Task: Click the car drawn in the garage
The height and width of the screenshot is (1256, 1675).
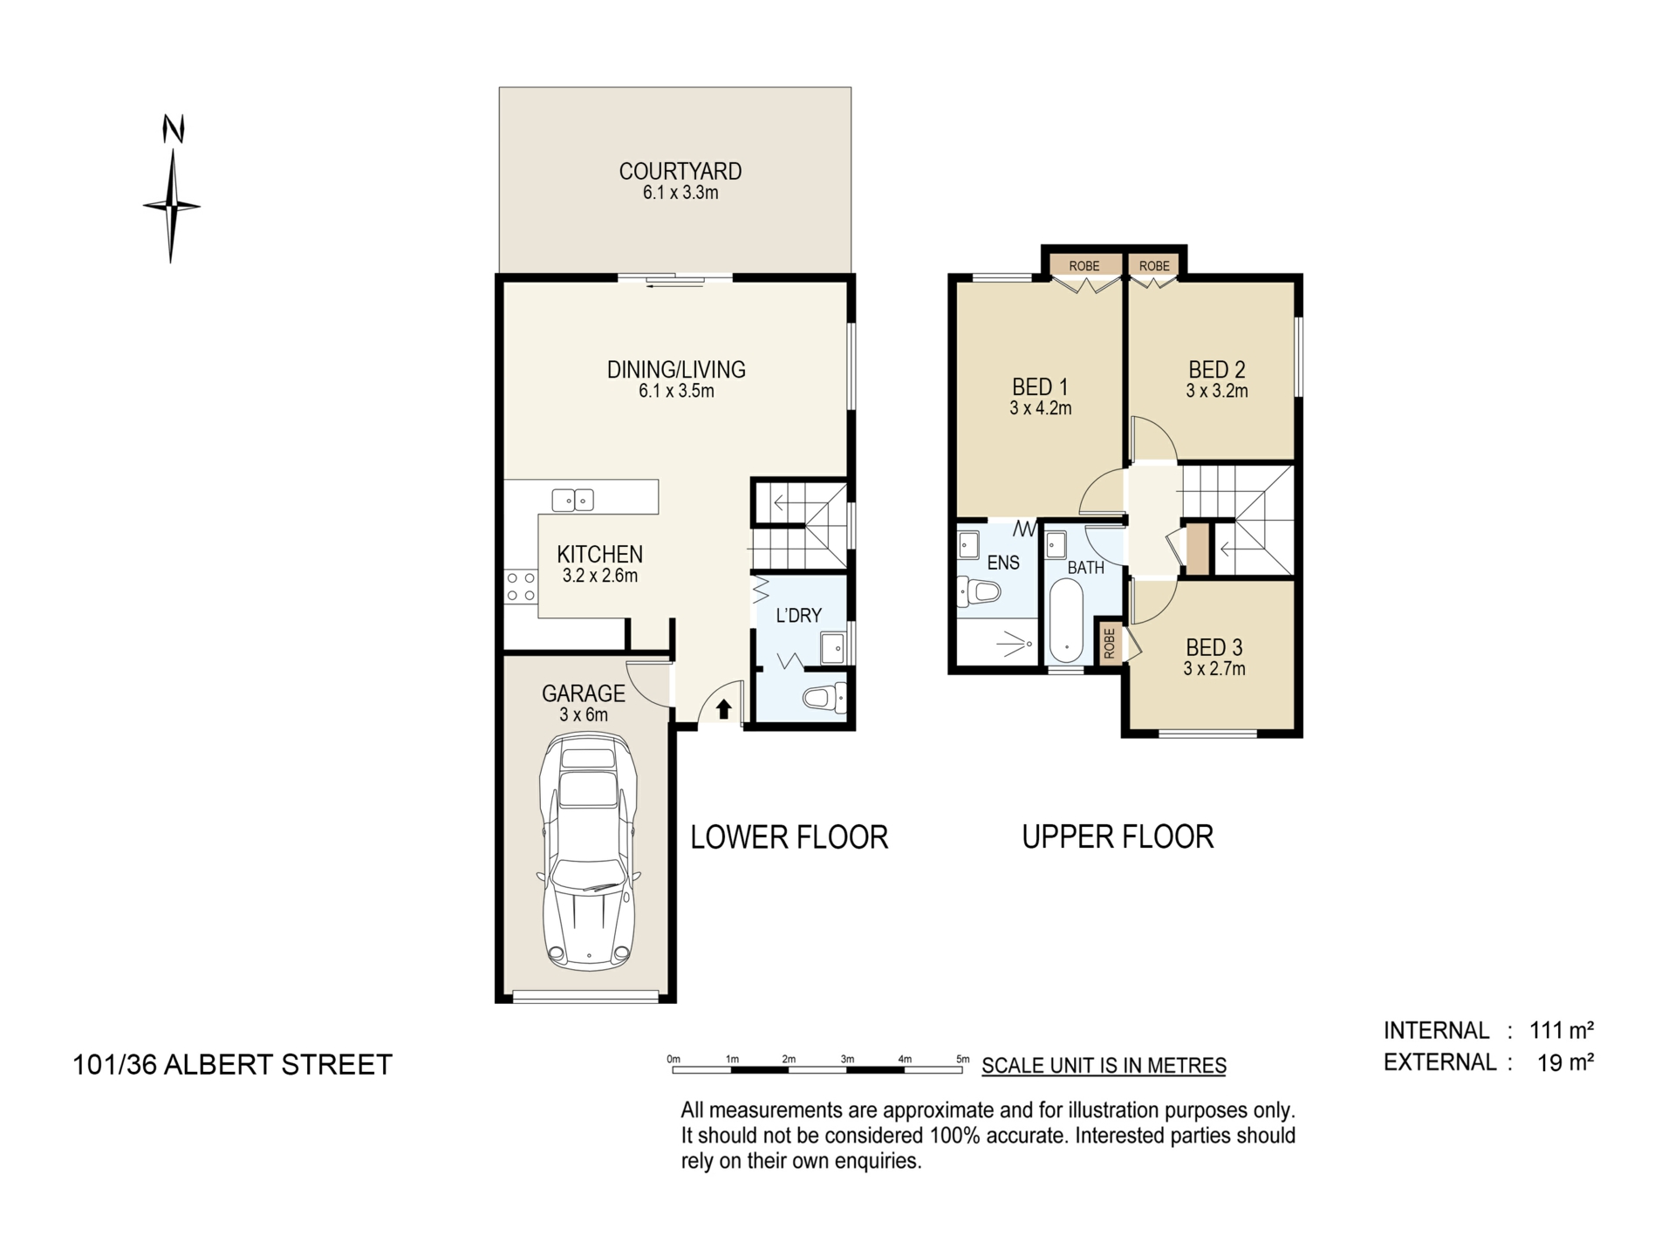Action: click(x=589, y=852)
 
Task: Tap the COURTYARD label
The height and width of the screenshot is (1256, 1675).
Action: click(x=680, y=171)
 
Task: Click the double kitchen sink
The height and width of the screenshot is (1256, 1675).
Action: click(x=573, y=500)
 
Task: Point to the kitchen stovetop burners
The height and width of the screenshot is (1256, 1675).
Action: click(x=521, y=586)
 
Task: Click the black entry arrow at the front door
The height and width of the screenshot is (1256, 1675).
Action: click(x=723, y=709)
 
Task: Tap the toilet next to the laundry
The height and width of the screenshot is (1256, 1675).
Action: click(x=825, y=698)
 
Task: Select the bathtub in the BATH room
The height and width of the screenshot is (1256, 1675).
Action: click(x=1066, y=621)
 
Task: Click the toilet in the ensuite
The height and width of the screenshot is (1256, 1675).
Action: click(x=978, y=593)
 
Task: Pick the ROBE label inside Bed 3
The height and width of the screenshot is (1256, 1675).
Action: click(x=1109, y=644)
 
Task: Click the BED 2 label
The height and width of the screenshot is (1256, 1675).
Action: click(x=1217, y=370)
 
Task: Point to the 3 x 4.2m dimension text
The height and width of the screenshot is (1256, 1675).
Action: click(x=1041, y=408)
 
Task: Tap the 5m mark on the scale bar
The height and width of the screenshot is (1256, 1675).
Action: click(x=963, y=1060)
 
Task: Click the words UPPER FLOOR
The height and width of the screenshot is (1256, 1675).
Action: click(x=1118, y=837)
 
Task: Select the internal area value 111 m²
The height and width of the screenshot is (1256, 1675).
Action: click(x=1562, y=1030)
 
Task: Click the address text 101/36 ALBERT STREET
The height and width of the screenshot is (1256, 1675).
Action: click(x=233, y=1065)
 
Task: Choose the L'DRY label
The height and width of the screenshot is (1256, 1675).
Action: click(x=799, y=616)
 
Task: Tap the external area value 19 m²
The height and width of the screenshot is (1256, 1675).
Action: click(x=1566, y=1062)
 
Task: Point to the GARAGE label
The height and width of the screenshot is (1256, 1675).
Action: click(x=584, y=693)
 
